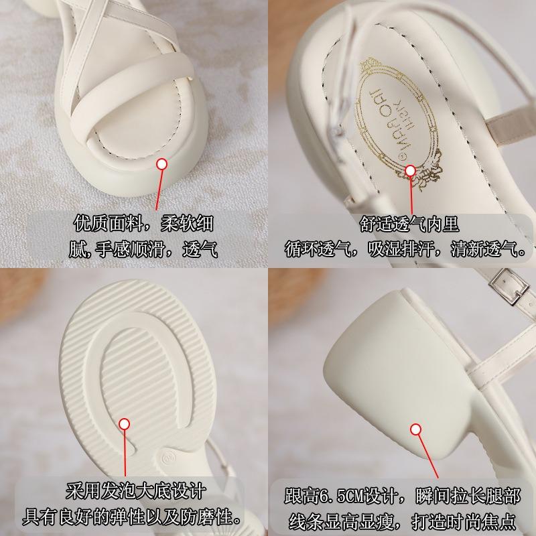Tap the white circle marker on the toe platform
(161, 163)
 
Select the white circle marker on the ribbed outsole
(125, 423)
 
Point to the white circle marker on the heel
(416, 429)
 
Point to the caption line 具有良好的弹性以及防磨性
(134, 517)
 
